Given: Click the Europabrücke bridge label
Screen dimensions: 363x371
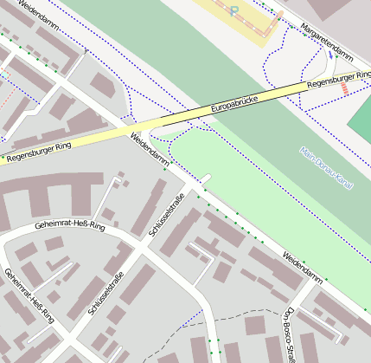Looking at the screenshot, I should point(235,104).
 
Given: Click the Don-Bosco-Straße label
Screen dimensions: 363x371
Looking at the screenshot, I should point(291,334).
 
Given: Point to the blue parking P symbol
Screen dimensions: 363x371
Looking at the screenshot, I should point(233,10).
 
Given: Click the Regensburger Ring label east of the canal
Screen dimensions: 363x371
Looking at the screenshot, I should point(338,80).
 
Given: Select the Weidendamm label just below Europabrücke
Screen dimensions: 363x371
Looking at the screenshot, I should point(150,150).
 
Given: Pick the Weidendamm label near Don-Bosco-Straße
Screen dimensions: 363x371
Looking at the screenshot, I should point(302,267).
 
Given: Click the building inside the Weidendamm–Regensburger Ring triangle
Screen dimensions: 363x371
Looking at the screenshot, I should point(103,86).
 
